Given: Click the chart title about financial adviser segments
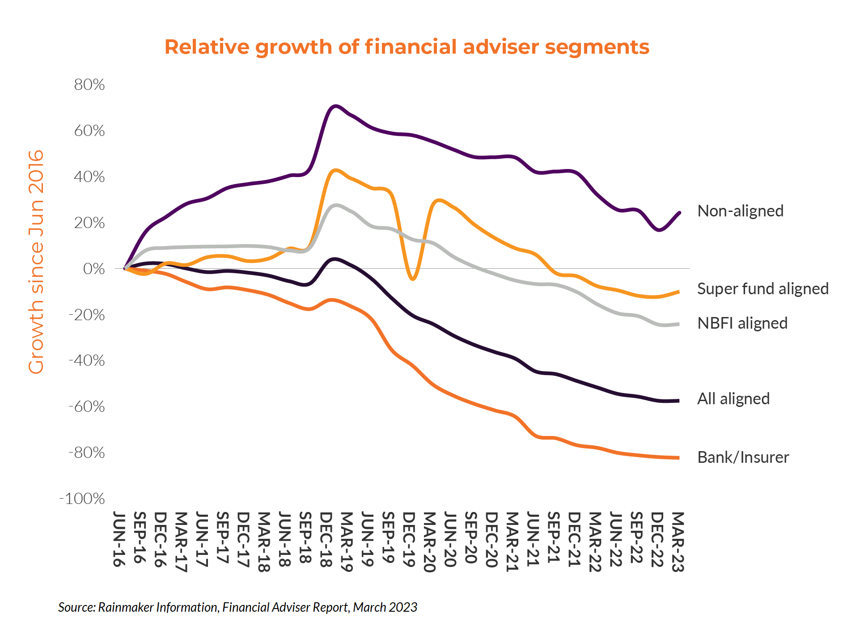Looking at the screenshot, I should (x=407, y=47).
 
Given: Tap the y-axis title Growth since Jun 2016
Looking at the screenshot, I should (x=36, y=262).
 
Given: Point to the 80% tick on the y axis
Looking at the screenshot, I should (x=89, y=85).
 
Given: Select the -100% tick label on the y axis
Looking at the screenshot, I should (x=82, y=498).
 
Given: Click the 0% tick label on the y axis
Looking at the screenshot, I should (x=94, y=269).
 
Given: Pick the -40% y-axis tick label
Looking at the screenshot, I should (x=87, y=360).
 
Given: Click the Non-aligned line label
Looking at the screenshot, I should (x=740, y=211).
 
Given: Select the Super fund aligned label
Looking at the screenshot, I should (x=763, y=288).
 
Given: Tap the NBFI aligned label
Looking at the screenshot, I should (x=742, y=323).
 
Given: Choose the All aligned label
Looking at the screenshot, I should (x=733, y=398).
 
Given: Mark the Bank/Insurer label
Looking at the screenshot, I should (x=743, y=457).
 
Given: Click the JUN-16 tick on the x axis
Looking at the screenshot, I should (x=119, y=539).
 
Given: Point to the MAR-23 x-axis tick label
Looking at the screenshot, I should (x=678, y=541).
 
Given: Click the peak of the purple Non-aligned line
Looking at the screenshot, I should (x=335, y=106).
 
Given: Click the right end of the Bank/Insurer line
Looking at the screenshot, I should (x=678, y=457).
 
